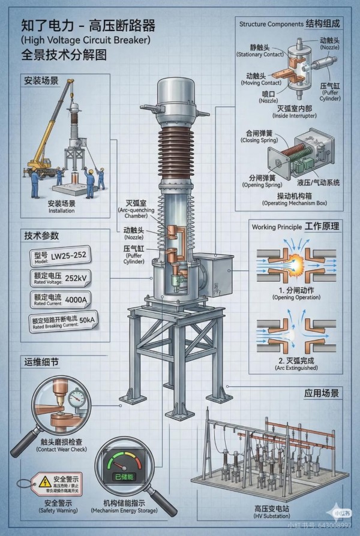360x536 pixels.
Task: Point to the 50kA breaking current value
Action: (88, 320)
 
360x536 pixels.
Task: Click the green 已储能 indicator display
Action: (125, 477)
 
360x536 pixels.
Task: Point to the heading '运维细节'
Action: (42, 362)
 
